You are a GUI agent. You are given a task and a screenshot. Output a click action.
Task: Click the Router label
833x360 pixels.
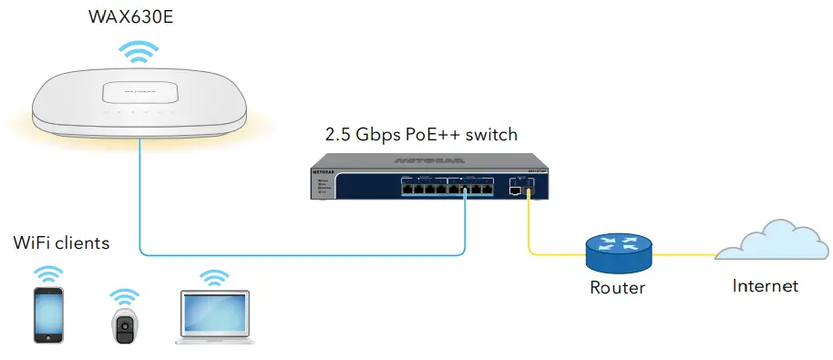pos(617,288)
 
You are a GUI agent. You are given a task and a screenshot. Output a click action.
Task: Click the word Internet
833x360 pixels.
pos(766,286)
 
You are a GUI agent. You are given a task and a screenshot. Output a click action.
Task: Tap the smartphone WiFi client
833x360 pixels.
pos(48,314)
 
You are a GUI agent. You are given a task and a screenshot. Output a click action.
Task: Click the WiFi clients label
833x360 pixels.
pos(61,243)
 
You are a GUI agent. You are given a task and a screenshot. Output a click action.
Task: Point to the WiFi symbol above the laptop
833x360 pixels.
pos(214,276)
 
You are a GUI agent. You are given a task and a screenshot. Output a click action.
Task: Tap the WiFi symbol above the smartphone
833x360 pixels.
pos(48,274)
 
